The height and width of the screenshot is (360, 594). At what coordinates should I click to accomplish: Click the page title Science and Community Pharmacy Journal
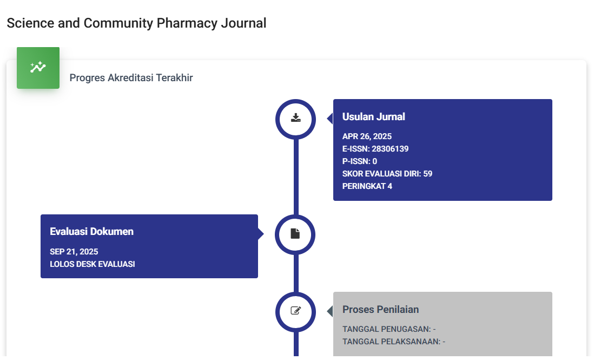coord(136,23)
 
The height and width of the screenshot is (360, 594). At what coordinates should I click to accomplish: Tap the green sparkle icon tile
coord(38,68)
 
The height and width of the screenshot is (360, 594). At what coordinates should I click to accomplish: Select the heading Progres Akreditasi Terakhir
coord(131,78)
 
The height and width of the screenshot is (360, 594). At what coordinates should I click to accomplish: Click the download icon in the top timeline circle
coord(295,118)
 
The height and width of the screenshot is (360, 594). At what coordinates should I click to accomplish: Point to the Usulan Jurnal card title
coord(373,117)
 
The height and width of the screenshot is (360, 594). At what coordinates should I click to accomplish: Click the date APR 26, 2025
coord(367,136)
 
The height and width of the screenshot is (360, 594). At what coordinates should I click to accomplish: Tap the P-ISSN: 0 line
coord(360,161)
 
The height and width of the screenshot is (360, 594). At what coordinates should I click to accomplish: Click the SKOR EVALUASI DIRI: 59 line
coord(387,174)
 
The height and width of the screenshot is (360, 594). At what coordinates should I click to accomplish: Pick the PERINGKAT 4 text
coord(367,186)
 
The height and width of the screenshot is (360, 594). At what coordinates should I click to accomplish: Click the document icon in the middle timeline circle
coord(295,234)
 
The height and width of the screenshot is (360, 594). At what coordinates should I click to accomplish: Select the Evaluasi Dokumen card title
coord(91,232)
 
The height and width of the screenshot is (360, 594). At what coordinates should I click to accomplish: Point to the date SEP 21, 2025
coord(74,252)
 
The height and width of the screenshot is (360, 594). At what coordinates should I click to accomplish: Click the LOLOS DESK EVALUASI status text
coord(93,264)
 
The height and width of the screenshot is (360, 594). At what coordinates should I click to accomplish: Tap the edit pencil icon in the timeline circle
coord(295,311)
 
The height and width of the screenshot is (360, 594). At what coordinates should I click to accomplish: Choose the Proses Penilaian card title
coord(380,310)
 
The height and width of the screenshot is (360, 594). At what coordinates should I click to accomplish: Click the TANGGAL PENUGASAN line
coord(389,329)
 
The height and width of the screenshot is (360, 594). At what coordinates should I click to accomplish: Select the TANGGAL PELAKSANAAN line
coord(394,342)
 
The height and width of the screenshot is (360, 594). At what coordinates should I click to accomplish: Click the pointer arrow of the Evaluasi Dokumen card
coord(261,234)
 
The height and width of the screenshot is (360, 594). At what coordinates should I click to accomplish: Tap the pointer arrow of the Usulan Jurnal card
coord(330,119)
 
